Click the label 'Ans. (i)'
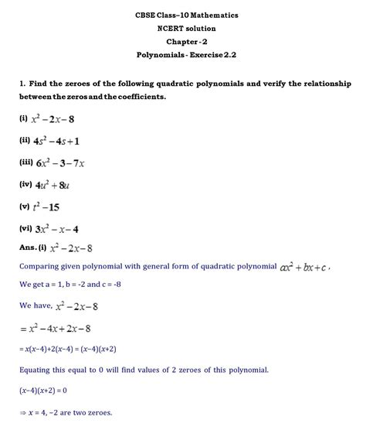[x=33, y=247]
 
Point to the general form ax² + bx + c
[x=303, y=268]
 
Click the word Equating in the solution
[x=39, y=370]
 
